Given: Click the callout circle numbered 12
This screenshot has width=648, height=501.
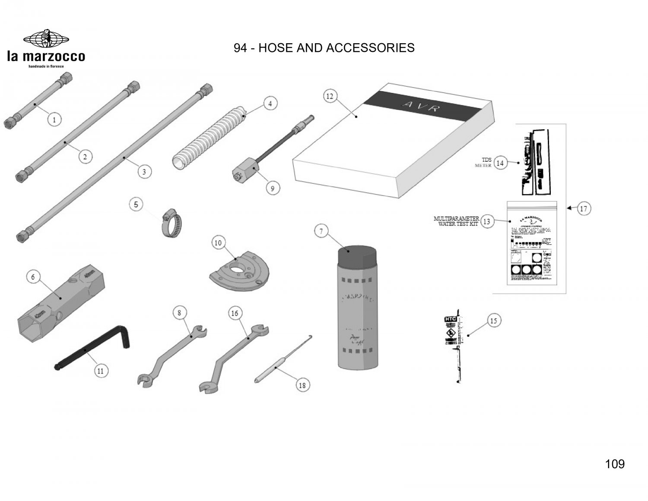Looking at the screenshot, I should pos(330,96).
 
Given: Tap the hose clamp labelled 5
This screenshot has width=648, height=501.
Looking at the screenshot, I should pos(172,223).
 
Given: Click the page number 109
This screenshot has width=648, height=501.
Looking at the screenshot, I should pos(615,464).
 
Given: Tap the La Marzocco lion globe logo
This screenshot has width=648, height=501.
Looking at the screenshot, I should pos(46,39).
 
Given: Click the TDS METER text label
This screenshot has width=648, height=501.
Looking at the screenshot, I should pos(483,163).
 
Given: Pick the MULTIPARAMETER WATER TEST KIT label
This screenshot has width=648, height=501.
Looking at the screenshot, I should pos(456,221).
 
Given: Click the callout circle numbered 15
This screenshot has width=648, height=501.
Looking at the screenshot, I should pos(493,321).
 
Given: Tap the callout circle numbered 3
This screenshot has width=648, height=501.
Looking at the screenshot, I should pos(144,172).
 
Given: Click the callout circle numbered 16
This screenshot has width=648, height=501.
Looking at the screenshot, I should pos(235,313).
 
